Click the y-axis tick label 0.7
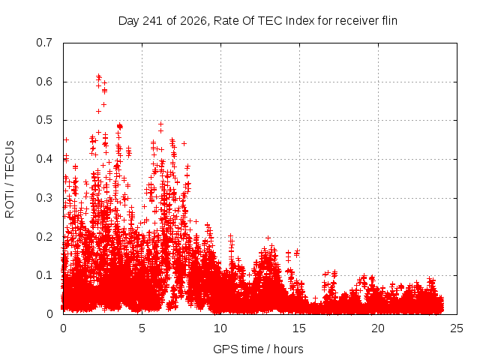(x=44, y=43)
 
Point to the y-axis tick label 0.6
(x=44, y=82)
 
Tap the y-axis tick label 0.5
(x=44, y=120)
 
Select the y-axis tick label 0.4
(x=44, y=159)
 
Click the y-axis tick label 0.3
(x=44, y=198)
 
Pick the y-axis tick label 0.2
(x=44, y=237)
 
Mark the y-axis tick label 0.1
(x=44, y=275)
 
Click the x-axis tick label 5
(x=142, y=328)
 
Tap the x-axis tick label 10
(x=220, y=328)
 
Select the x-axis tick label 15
(x=299, y=328)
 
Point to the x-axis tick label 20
(x=378, y=328)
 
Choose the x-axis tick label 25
(x=457, y=328)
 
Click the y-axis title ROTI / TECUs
(x=10, y=179)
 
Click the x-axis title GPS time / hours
(x=258, y=349)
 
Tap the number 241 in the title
(x=152, y=21)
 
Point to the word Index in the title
(x=300, y=21)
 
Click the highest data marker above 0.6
(x=98, y=76)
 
